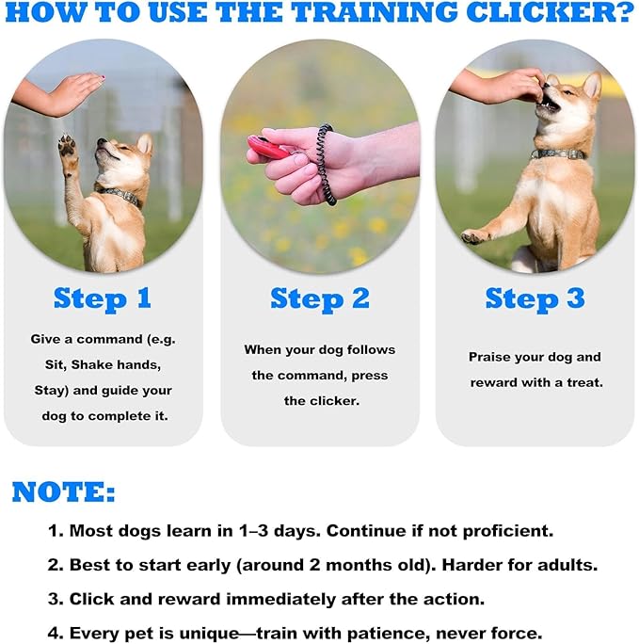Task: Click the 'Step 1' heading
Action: [103, 298]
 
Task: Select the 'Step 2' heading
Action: [319, 298]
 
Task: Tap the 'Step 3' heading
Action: [535, 298]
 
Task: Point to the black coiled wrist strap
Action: [327, 165]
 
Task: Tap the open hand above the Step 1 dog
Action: [68, 94]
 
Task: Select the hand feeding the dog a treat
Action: [508, 87]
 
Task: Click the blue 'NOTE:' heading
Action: [64, 491]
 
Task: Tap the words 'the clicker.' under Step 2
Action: [320, 400]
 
